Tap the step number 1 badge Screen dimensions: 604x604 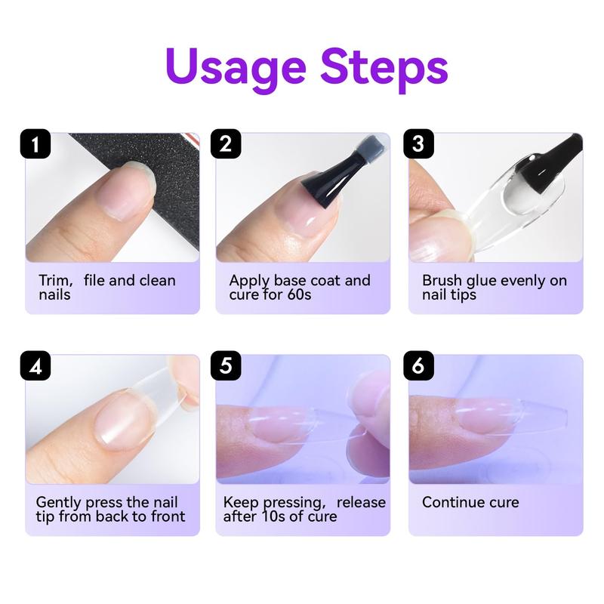click(x=35, y=143)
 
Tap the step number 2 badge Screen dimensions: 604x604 click(x=226, y=143)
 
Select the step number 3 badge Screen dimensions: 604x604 click(x=419, y=143)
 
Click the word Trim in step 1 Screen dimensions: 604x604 click(x=54, y=281)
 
